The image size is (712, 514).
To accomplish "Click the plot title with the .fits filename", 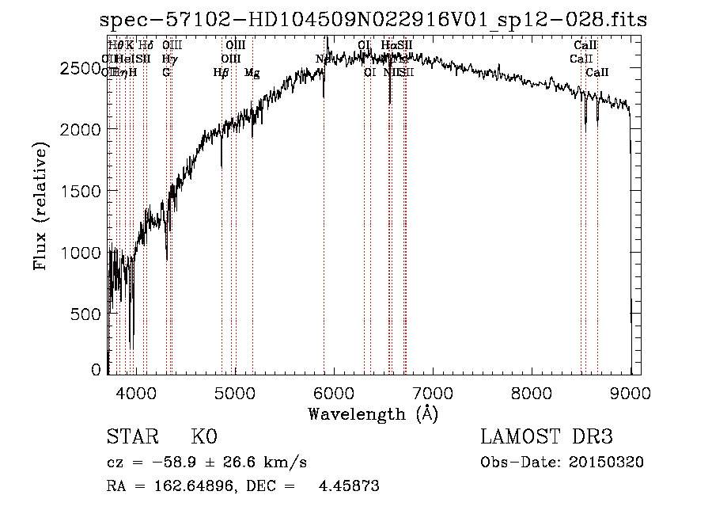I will pyautogui.click(x=373, y=21).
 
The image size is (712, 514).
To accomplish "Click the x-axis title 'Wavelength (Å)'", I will pyautogui.click(x=373, y=413).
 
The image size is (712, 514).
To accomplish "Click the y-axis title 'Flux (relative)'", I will pyautogui.click(x=40, y=206).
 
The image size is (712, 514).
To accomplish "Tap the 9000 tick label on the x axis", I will pyautogui.click(x=631, y=392).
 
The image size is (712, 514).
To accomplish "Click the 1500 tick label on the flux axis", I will pyautogui.click(x=80, y=191).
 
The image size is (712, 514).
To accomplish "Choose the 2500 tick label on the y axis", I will pyautogui.click(x=80, y=68).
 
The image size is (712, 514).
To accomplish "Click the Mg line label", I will pyautogui.click(x=252, y=73).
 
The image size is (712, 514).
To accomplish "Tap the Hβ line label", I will pyautogui.click(x=222, y=73).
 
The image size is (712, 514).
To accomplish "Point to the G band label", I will pyautogui.click(x=166, y=73).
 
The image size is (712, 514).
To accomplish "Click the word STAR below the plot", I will pyautogui.click(x=131, y=438).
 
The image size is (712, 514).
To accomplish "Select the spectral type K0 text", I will pyautogui.click(x=203, y=438).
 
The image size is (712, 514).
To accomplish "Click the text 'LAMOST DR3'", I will pyautogui.click(x=547, y=438).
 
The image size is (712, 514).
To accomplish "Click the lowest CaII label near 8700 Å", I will pyautogui.click(x=597, y=73).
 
